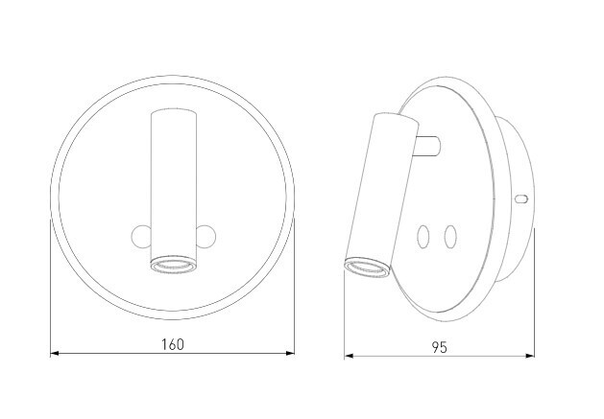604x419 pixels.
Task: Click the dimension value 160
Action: pos(173,343)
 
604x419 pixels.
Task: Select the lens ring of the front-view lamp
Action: pos(173,264)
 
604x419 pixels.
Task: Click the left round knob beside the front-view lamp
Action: pos(141,235)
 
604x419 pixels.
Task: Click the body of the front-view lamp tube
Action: pos(173,182)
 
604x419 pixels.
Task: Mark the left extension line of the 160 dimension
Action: pos(50,288)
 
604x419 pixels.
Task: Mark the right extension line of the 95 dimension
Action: pos(533,297)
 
